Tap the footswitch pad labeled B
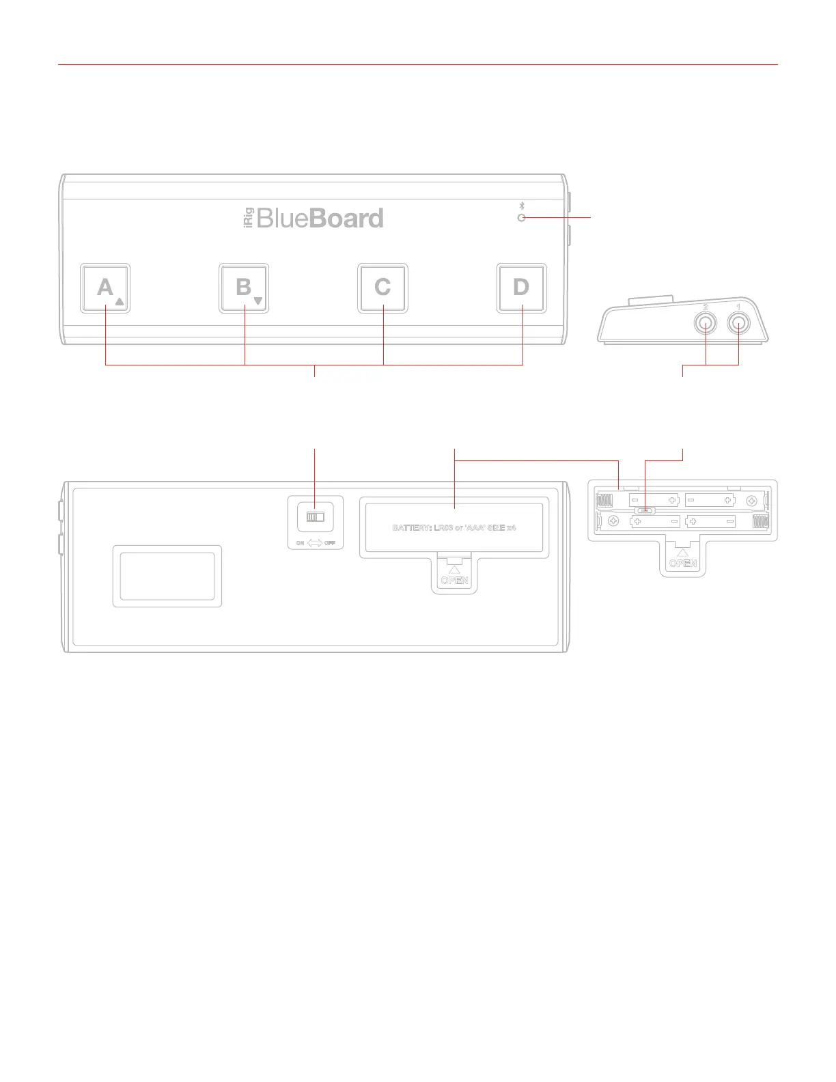click(244, 288)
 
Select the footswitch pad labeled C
click(382, 288)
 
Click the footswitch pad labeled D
click(521, 288)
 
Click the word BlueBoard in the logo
click(320, 219)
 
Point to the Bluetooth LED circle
click(522, 218)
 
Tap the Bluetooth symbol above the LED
click(522, 206)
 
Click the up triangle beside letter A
click(120, 301)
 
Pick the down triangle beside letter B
click(258, 301)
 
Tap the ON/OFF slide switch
click(315, 517)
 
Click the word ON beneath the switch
click(300, 543)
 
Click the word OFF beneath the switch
click(330, 543)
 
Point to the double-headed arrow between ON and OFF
click(315, 543)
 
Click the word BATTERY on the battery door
click(411, 528)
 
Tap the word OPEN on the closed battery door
click(454, 581)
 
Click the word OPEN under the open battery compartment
click(683, 564)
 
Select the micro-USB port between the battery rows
click(645, 510)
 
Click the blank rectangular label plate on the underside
click(167, 576)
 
